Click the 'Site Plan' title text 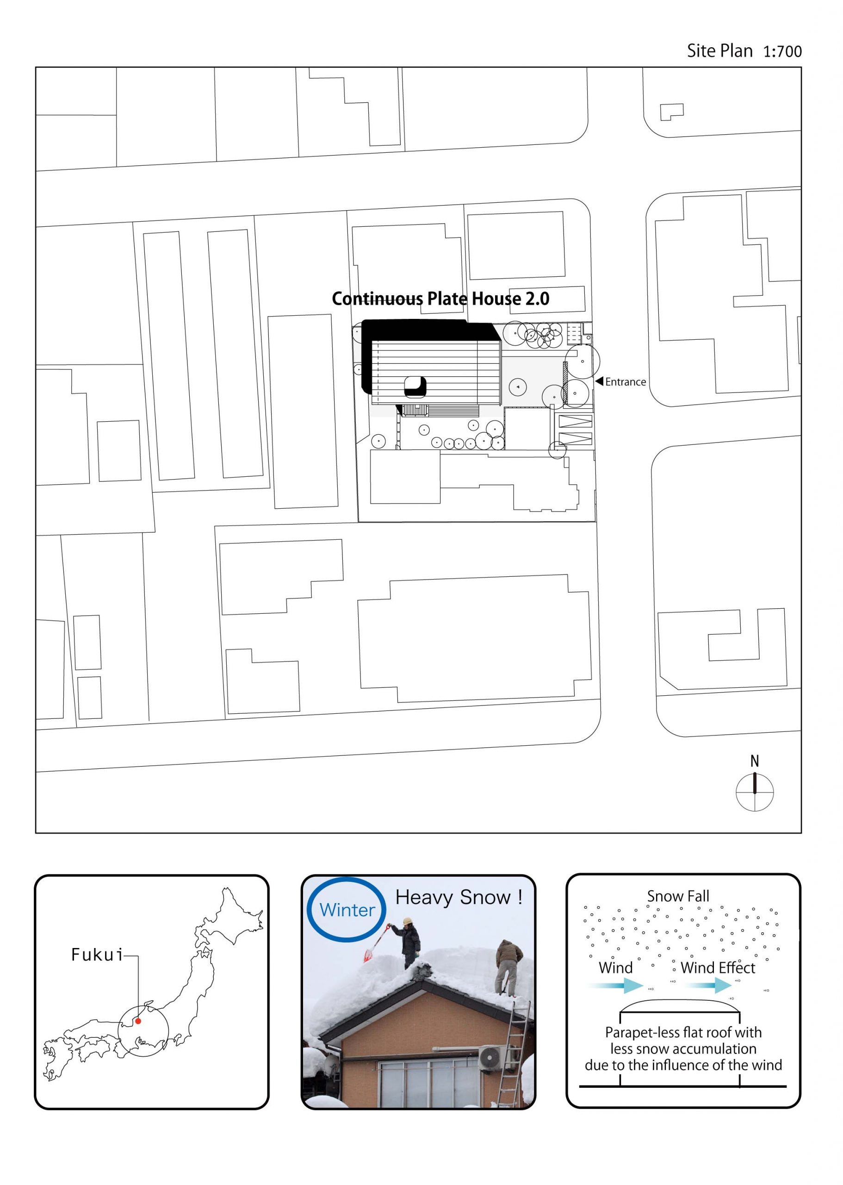[x=719, y=51]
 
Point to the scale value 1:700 [x=782, y=51]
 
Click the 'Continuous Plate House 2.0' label [x=441, y=299]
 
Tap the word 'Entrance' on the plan [x=626, y=382]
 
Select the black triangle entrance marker [x=599, y=382]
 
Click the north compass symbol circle [x=755, y=792]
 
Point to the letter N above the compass [x=755, y=761]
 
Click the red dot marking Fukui [x=138, y=1021]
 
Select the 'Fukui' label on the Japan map [x=97, y=954]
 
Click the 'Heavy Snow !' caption [x=459, y=898]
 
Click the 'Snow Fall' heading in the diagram [x=678, y=896]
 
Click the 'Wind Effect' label [x=718, y=967]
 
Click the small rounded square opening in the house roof [x=415, y=385]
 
